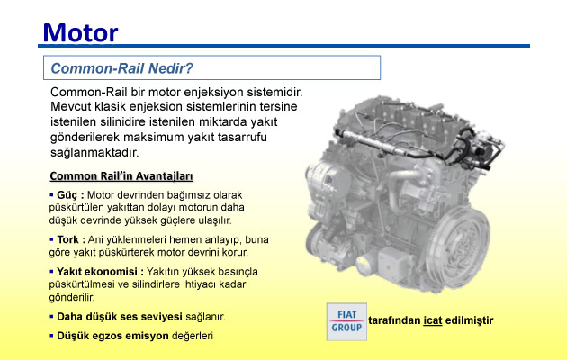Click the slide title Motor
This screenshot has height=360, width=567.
pyautogui.click(x=80, y=33)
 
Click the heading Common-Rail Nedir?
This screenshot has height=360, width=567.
pyautogui.click(x=122, y=68)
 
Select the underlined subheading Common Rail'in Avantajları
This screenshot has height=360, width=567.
pyautogui.click(x=121, y=176)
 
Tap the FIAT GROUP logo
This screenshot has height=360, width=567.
pyautogui.click(x=346, y=321)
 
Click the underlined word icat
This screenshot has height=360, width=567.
pyautogui.click(x=433, y=320)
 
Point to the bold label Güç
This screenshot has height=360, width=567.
pyautogui.click(x=67, y=195)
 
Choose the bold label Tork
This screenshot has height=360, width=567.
pyautogui.click(x=67, y=239)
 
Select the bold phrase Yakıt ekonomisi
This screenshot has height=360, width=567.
pyautogui.click(x=97, y=272)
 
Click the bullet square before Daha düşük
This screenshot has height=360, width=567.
pyautogui.click(x=51, y=317)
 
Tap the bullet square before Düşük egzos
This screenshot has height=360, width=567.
pyautogui.click(x=51, y=336)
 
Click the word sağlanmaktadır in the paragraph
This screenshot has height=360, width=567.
pyautogui.click(x=94, y=152)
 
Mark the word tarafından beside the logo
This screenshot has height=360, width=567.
pyautogui.click(x=394, y=320)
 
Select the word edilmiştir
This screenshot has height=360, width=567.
pyautogui.click(x=470, y=320)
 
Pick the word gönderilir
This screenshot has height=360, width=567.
pyautogui.click(x=72, y=298)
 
